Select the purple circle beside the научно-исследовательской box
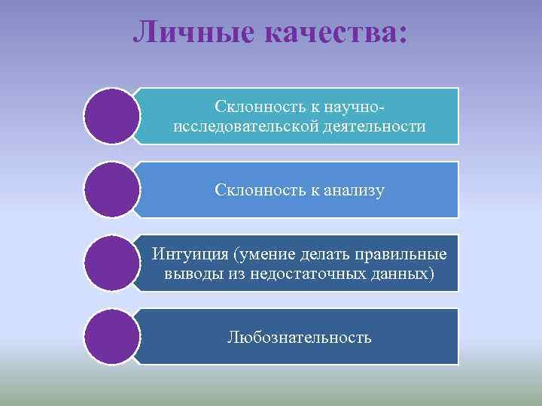pyautogui.click(x=112, y=117)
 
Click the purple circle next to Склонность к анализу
pyautogui.click(x=112, y=190)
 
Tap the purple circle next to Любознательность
pyautogui.click(x=112, y=337)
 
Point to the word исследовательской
pyautogui.click(x=240, y=126)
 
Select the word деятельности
pyautogui.click(x=369, y=126)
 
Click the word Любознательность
pyautogui.click(x=300, y=337)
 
